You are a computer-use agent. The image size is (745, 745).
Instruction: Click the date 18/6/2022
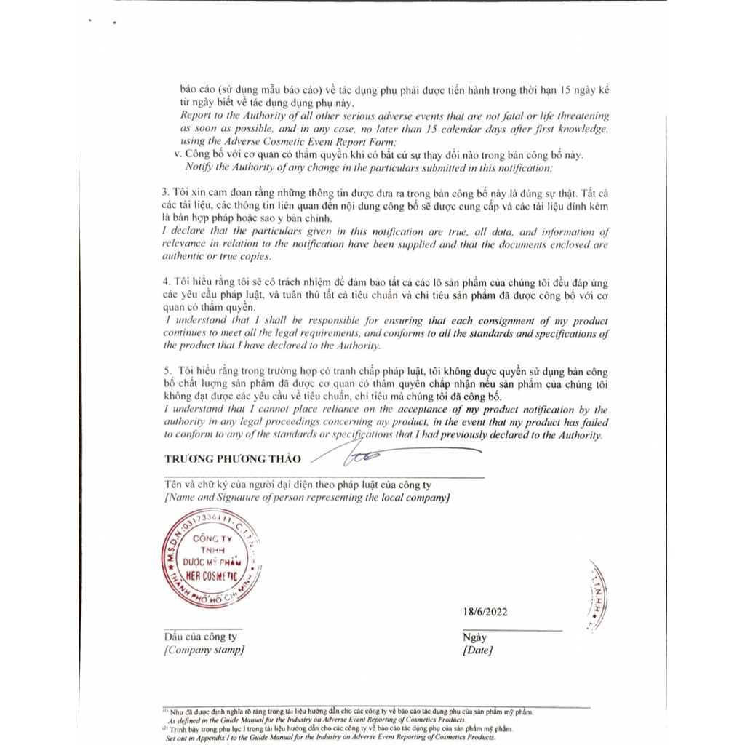(x=485, y=612)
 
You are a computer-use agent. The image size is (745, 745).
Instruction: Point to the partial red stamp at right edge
(x=599, y=595)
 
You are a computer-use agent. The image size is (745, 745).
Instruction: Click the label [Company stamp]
(x=204, y=650)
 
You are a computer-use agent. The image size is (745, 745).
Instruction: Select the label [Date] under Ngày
(x=477, y=650)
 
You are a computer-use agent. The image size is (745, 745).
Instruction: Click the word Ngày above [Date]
(x=474, y=638)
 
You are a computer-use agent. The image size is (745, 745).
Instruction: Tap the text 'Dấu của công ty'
(x=200, y=637)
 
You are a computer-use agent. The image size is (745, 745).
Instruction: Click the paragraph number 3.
(x=165, y=192)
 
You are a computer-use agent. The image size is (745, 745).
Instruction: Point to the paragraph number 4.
(x=166, y=282)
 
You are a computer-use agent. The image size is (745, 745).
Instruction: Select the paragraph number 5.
(x=166, y=372)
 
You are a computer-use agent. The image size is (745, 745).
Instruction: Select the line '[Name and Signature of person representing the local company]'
(x=307, y=498)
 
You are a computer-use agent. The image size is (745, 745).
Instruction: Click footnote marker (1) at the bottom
(x=165, y=710)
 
